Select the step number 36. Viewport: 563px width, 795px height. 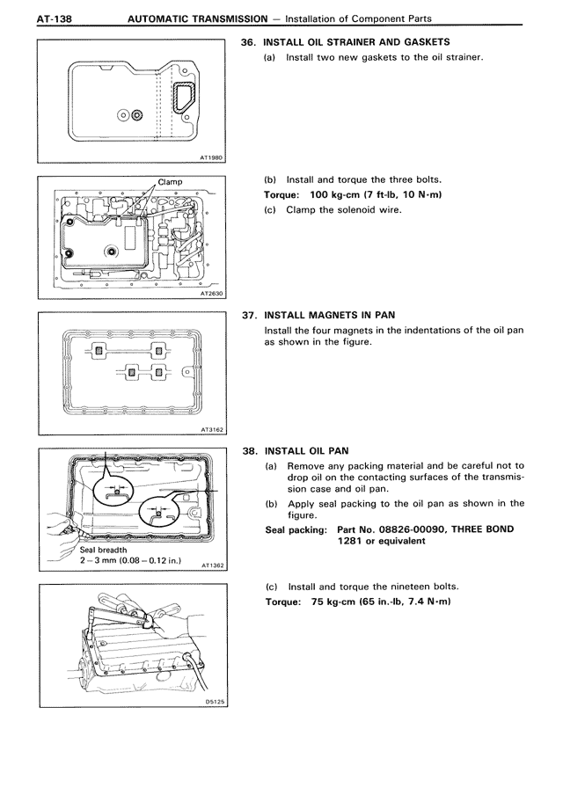(248, 41)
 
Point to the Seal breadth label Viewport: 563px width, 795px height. (104, 551)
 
